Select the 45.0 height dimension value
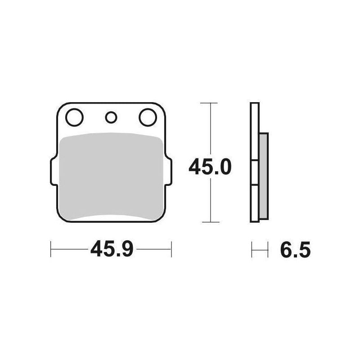[210, 167]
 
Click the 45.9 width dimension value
[112, 249]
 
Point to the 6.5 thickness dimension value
[295, 250]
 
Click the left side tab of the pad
[53, 171]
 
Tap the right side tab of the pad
[168, 171]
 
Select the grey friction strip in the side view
[264, 176]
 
